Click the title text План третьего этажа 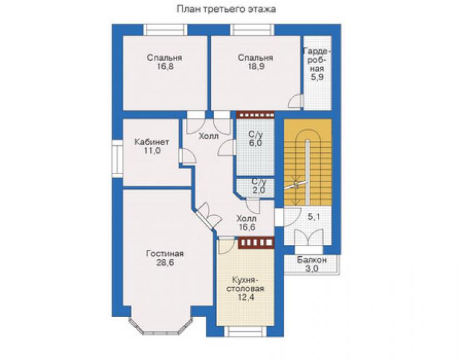pos(226,9)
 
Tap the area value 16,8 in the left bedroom pos(165,66)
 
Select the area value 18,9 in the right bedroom pos(256,66)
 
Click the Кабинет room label pos(151,142)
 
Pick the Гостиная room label pos(165,254)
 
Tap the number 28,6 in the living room pos(165,262)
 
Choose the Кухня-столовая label pos(245,284)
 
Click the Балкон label pos(312,260)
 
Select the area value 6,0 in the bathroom pos(255,143)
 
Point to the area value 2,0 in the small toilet pos(259,190)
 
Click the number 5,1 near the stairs pos(313,217)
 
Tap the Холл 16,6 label pos(247,223)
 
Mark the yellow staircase pos(307,162)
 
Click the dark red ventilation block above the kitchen pos(256,242)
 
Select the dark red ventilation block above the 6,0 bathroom pos(255,115)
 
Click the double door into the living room pos(208,216)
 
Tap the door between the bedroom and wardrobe pos(295,101)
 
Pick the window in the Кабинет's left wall pos(117,159)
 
